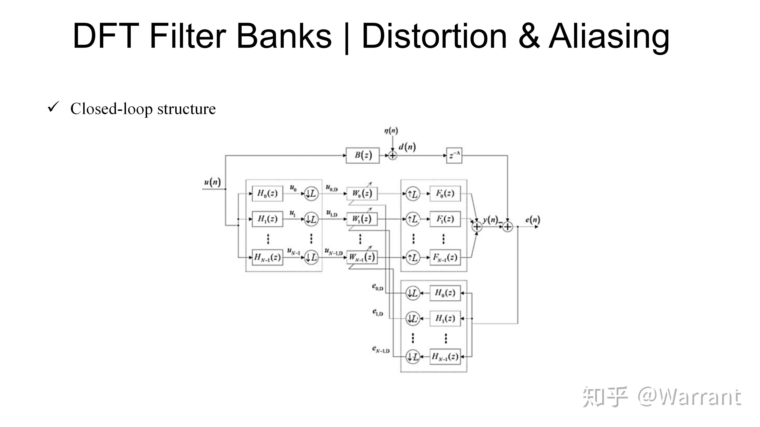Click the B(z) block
point(363,155)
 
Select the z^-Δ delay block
point(454,155)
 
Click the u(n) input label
point(212,182)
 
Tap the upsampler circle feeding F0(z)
point(413,194)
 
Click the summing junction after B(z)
point(392,155)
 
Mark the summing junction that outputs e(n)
point(507,227)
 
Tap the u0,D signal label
point(332,187)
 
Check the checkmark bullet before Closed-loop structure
point(53,107)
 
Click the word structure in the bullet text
point(186,109)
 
